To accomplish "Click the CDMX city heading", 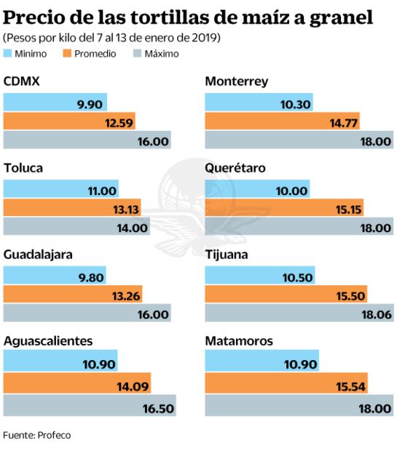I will pyautogui.click(x=21, y=82).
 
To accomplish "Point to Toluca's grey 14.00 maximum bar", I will pyautogui.click(x=76, y=228).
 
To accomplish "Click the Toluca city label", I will pyautogui.click(x=23, y=169).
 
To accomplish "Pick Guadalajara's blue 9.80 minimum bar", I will pyautogui.click(x=55, y=276).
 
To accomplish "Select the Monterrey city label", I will pyautogui.click(x=237, y=82).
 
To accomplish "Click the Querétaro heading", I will pyautogui.click(x=235, y=169).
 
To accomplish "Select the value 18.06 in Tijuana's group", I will pyautogui.click(x=376, y=315).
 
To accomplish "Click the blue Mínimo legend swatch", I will pyautogui.click(x=9, y=53).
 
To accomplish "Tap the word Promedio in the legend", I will pyautogui.click(x=95, y=53).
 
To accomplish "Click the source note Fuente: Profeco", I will pyautogui.click(x=37, y=435).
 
